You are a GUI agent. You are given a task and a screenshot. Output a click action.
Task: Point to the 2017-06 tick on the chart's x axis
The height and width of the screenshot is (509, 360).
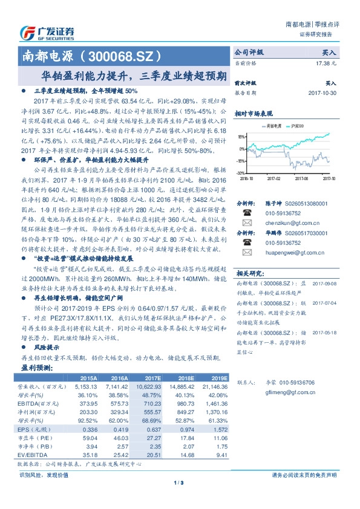coord(306,179)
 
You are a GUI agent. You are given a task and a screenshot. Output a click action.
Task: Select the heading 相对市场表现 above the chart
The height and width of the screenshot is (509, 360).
coord(254,113)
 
